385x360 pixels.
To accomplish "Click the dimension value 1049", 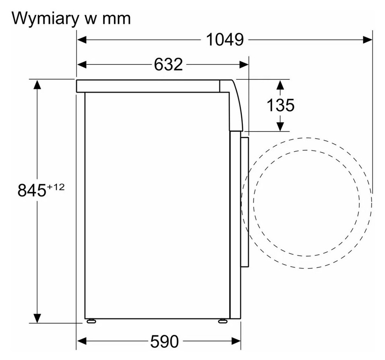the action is click(225, 40).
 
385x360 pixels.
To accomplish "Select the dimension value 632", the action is click(168, 65).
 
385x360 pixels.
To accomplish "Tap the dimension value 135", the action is click(280, 105).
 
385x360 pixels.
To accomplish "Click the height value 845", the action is click(32, 190).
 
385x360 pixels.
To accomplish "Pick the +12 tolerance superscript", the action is click(56, 187).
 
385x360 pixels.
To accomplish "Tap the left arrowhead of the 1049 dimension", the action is click(82, 40).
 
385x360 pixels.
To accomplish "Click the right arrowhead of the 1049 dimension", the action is click(368, 40).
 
